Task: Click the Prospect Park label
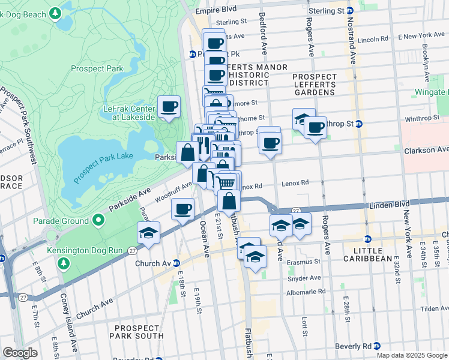(x=97, y=68)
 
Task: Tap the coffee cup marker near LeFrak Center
(x=169, y=107)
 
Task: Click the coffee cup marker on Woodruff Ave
(x=182, y=209)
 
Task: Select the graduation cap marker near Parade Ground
(x=148, y=233)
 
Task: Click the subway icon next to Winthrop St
(x=359, y=124)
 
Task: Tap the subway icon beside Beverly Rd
(x=376, y=346)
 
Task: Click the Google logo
(x=20, y=352)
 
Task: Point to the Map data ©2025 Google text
(x=412, y=355)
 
